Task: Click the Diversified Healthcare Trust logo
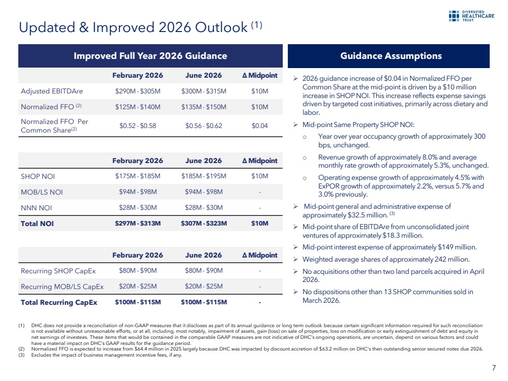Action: click(471, 16)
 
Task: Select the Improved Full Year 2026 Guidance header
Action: click(151, 56)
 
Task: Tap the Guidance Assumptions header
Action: click(391, 56)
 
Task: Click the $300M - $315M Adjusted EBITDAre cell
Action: click(204, 91)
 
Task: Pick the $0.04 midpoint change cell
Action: click(259, 125)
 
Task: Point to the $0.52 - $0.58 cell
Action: click(138, 125)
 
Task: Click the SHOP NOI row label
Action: click(38, 176)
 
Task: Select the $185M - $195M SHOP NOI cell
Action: click(204, 176)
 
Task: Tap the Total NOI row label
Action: click(37, 224)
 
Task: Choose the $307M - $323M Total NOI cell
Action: click(204, 224)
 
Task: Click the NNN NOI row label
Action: click(36, 208)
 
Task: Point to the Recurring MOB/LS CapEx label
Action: click(62, 287)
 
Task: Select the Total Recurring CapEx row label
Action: click(59, 302)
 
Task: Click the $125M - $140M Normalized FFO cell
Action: click(138, 107)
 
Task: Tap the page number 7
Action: click(494, 368)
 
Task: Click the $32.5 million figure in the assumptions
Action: click(367, 215)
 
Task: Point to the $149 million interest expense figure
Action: click(457, 247)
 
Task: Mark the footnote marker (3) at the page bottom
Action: click(21, 355)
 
